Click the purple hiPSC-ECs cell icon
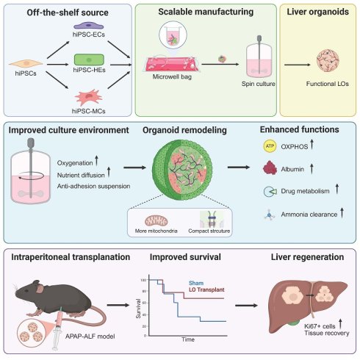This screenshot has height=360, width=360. [x=89, y=26]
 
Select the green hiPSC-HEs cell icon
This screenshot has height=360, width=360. [x=89, y=60]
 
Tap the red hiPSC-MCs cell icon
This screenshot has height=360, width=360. [x=89, y=97]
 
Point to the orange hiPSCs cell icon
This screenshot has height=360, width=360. [x=26, y=63]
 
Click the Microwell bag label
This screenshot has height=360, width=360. [x=172, y=76]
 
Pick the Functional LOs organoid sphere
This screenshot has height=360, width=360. [x=328, y=61]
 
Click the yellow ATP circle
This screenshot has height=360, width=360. [x=270, y=146]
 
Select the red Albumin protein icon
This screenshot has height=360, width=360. [x=270, y=168]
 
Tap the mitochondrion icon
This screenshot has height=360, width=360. [x=156, y=221]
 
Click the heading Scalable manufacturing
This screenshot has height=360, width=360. [x=206, y=12]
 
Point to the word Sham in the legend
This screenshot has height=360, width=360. [x=196, y=283]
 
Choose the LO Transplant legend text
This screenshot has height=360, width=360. [x=206, y=289]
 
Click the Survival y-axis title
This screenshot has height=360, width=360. [x=139, y=309]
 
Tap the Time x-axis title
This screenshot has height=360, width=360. [x=188, y=339]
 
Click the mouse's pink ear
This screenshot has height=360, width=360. [x=40, y=289]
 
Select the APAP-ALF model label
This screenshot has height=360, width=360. [x=90, y=336]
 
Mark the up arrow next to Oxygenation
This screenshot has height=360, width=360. [x=96, y=160]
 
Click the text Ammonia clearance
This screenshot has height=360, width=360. [x=309, y=215]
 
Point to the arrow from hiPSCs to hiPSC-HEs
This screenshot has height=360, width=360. [x=58, y=65]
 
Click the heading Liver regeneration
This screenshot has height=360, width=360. [x=307, y=257]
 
